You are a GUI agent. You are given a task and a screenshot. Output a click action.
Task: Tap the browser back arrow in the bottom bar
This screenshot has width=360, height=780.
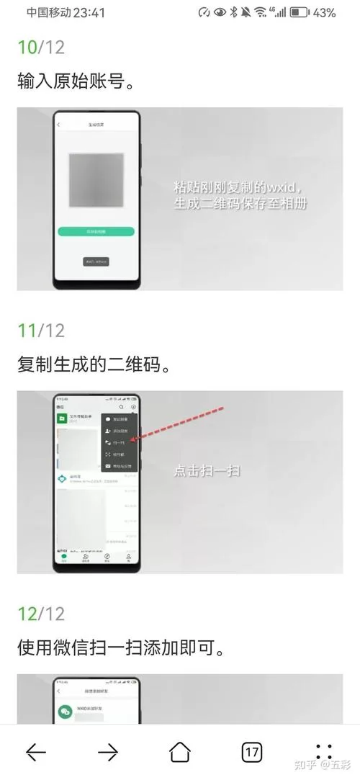coord(36,753)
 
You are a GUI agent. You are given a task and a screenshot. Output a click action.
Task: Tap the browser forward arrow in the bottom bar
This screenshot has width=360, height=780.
coord(108,753)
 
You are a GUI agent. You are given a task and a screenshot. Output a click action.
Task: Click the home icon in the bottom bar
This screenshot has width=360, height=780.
coord(180,753)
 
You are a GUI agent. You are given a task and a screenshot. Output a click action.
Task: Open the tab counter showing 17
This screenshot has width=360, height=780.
coord(251,753)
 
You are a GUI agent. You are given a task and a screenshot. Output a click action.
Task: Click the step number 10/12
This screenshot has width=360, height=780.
coord(41,48)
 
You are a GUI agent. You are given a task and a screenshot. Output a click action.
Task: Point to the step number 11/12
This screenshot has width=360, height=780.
coord(41,331)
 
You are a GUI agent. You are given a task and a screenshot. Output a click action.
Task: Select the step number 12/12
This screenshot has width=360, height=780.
coord(41,614)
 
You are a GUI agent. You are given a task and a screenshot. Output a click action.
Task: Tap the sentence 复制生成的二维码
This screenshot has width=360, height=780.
coord(94,365)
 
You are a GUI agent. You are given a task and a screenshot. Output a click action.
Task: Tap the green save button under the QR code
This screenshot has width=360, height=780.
coord(96,231)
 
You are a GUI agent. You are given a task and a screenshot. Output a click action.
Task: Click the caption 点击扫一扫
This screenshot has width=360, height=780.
coord(207,471)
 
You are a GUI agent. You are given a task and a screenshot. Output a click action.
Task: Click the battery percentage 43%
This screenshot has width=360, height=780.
coord(325,13)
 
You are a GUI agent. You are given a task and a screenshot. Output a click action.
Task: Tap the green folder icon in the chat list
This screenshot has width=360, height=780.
coord(63,418)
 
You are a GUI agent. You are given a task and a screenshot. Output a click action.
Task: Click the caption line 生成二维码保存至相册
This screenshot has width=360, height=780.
coord(240,204)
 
